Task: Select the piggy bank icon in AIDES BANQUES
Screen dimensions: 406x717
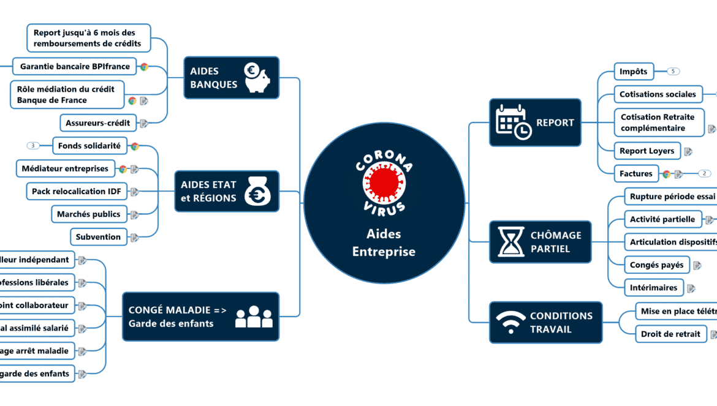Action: tap(257, 78)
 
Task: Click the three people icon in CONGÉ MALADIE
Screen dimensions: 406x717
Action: tap(253, 317)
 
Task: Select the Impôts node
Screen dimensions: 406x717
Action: tap(634, 72)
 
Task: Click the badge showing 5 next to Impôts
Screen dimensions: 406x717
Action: tap(673, 72)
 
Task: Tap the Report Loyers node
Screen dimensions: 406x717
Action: tap(647, 151)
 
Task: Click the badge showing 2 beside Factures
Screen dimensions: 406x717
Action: tap(704, 173)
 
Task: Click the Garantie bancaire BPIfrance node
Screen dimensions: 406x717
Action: tap(74, 66)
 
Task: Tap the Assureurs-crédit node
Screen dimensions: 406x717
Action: tap(98, 123)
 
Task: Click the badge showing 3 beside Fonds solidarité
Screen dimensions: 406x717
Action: tap(33, 146)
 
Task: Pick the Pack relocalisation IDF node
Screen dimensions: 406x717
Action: tap(77, 192)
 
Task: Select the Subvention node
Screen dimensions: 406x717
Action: tap(98, 237)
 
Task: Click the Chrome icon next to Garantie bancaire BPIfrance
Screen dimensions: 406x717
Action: tap(144, 67)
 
